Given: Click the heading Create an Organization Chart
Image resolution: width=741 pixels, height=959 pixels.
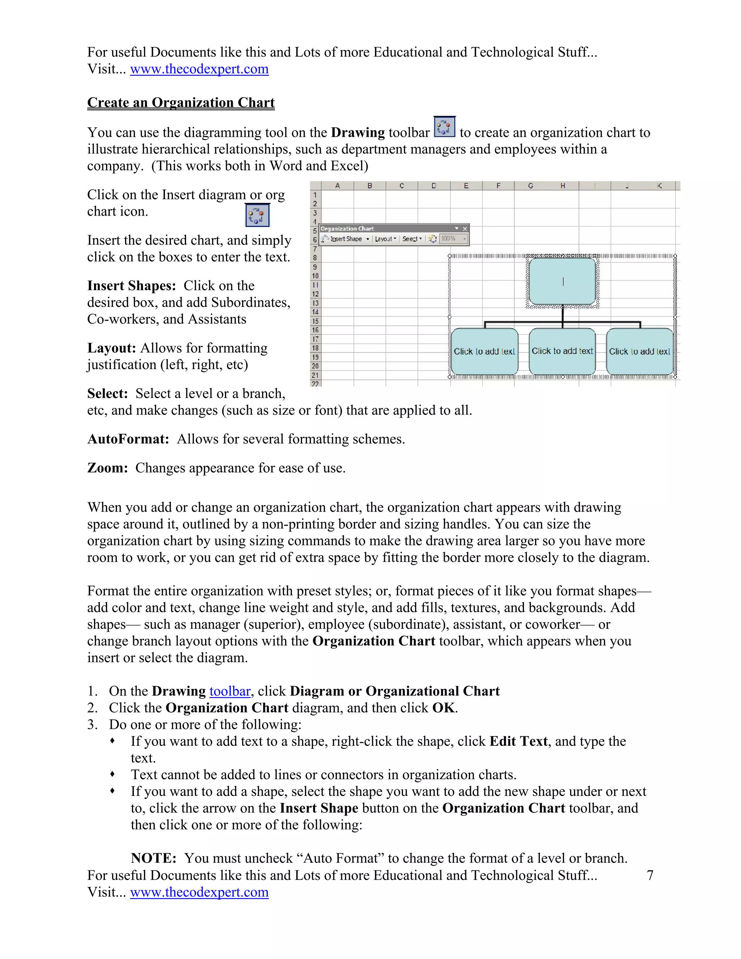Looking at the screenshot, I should coord(181,102).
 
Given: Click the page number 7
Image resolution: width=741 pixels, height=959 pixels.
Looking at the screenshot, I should coord(650,875).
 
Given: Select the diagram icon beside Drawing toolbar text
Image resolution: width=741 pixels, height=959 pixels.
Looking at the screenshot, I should coord(444,127).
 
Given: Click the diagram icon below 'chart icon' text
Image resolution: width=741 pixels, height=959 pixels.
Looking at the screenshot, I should coord(257,215).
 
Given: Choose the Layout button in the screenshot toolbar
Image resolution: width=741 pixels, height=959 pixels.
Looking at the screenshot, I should coord(385,239).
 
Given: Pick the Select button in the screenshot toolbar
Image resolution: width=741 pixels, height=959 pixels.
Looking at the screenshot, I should coord(411,239).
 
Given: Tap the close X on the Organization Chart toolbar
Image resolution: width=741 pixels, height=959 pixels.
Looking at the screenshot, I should coord(465,229).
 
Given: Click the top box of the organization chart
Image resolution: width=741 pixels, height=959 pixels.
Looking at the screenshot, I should coord(562,282).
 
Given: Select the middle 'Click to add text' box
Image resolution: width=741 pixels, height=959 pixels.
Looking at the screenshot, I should coord(562,351).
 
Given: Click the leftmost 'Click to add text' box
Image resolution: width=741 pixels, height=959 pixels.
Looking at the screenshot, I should coord(484,351).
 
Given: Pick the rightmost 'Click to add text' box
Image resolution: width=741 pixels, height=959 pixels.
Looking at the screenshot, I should coord(640,351).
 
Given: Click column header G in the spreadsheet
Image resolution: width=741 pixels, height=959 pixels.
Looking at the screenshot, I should coord(530,186).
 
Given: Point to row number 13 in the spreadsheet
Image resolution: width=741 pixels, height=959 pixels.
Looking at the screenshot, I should coord(315,303).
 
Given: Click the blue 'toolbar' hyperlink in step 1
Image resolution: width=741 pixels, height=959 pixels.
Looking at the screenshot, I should coord(230,691).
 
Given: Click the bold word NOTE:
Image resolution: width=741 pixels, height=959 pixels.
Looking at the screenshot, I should coord(153,858).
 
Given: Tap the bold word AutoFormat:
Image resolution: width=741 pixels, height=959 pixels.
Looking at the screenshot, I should coord(128,439).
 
